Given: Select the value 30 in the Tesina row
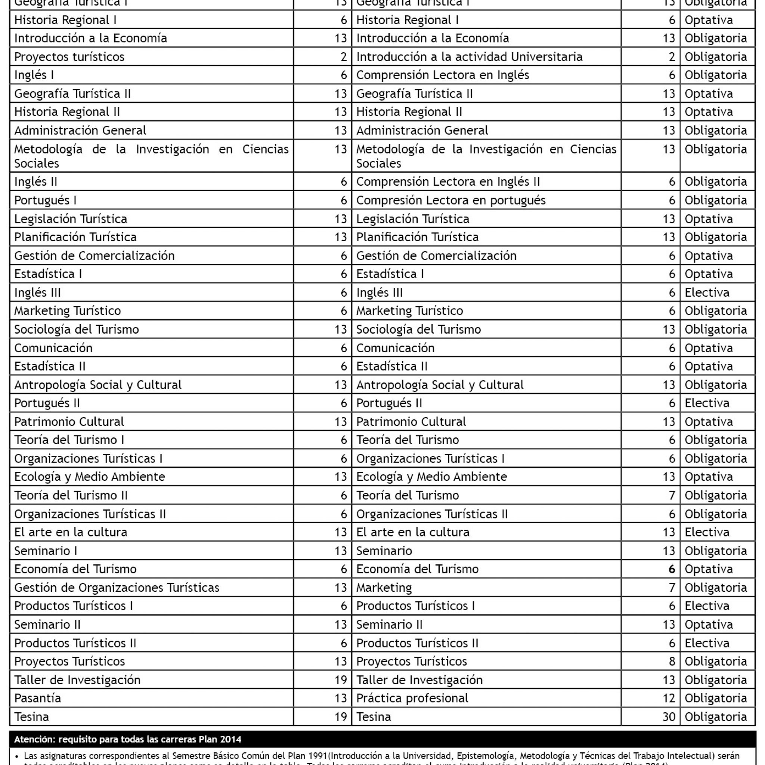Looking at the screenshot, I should [669, 717].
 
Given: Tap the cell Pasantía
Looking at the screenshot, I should [38, 698].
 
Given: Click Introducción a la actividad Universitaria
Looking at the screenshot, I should [469, 57].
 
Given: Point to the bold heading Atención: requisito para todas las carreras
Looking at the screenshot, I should [127, 739].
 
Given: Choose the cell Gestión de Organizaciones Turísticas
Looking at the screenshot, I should [117, 588].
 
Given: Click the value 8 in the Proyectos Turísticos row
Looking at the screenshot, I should [672, 661].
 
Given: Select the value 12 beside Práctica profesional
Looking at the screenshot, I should [669, 698].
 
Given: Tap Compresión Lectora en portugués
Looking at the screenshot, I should [450, 200].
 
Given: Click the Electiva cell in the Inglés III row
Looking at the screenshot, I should [707, 292].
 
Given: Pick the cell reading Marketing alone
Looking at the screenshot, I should [384, 588].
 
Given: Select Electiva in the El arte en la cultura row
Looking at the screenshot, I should [707, 532].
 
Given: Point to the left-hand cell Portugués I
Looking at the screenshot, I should [45, 200].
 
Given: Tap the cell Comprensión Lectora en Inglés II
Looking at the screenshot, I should [448, 182].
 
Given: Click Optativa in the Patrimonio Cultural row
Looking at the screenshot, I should [708, 422].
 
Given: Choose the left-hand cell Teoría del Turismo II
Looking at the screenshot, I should [71, 495].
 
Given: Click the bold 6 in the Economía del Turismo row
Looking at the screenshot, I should [672, 569].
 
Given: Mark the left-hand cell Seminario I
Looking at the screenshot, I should [46, 551].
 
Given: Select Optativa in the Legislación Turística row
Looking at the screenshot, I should [708, 219].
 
